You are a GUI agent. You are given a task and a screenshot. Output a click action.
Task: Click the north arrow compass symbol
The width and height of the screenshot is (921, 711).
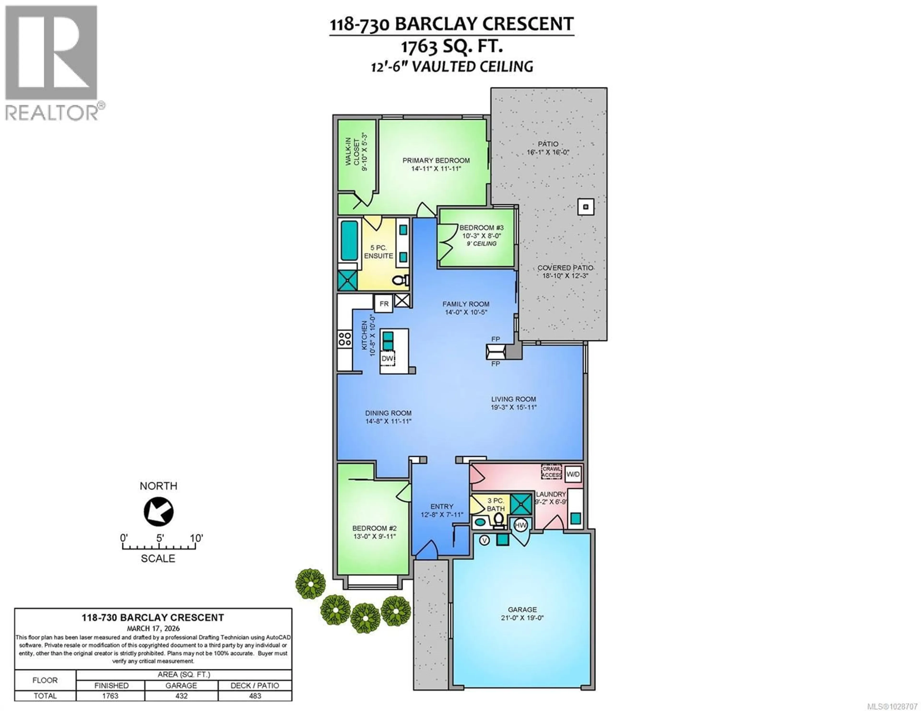coord(159,512)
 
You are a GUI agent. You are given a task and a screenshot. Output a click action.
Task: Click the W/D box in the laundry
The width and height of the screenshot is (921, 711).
coord(573,474)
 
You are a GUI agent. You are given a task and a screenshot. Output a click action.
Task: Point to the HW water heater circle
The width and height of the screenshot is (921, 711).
coord(521,525)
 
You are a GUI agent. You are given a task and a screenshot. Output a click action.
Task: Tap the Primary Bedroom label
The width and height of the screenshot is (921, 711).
coord(436,161)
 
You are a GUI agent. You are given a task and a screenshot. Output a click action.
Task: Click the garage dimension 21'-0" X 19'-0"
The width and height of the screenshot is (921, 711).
coord(522,618)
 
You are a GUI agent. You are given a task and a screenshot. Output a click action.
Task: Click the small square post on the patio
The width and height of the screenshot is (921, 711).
coord(585,207)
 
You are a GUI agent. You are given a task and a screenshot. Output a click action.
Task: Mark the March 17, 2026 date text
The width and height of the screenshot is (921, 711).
coord(153,628)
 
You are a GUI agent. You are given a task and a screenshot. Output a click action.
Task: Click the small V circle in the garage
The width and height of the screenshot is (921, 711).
coord(484,540)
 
